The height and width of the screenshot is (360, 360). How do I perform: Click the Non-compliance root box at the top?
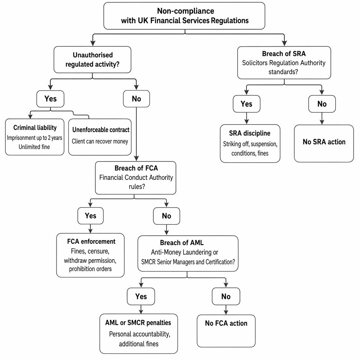click(x=184, y=16)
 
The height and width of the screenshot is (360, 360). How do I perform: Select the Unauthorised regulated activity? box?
click(x=92, y=60)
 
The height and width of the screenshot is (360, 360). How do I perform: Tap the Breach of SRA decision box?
click(x=284, y=63)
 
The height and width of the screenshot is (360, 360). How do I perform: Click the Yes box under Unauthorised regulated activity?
click(x=50, y=99)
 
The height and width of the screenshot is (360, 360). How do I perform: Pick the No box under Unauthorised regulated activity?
click(x=136, y=99)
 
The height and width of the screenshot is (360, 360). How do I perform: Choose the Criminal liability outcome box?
click(x=35, y=137)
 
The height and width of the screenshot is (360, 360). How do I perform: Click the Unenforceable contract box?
click(x=100, y=137)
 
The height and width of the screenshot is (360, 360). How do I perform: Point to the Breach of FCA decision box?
click(x=136, y=178)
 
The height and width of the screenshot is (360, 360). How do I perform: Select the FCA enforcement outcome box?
click(x=90, y=255)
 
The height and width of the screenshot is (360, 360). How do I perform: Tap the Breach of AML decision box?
click(x=188, y=253)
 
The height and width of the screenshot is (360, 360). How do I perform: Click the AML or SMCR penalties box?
click(x=139, y=334)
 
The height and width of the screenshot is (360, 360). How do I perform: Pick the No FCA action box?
click(x=226, y=331)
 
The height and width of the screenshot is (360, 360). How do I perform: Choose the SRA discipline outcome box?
click(x=250, y=144)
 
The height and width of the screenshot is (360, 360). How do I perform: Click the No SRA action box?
click(x=324, y=144)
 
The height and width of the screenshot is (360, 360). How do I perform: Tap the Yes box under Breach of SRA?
click(x=247, y=104)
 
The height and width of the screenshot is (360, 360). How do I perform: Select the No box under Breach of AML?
click(x=226, y=296)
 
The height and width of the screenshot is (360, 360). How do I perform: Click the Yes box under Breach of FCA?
click(x=90, y=216)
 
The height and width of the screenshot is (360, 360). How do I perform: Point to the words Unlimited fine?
click(x=34, y=147)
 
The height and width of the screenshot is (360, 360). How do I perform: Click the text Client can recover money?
click(x=100, y=141)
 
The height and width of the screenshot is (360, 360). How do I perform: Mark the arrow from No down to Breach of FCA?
click(x=136, y=134)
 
